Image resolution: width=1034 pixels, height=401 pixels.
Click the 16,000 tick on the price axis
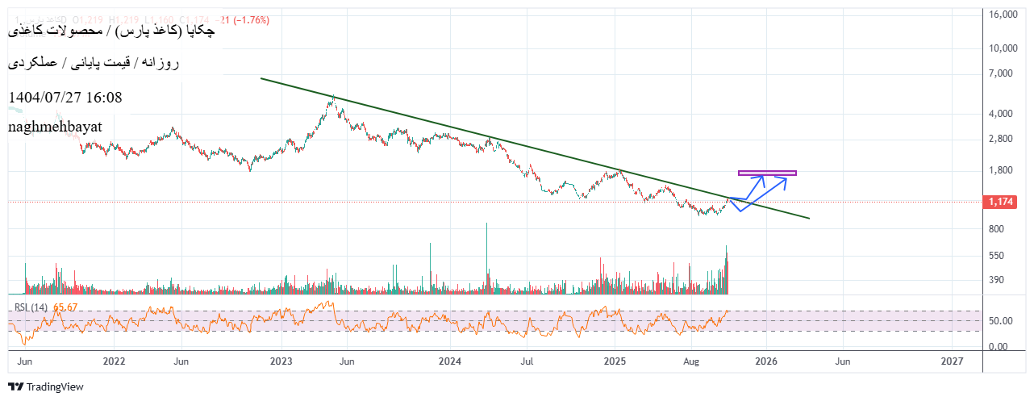1003,15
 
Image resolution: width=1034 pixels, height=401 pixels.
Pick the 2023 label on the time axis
281,361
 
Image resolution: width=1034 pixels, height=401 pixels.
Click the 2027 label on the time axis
952,361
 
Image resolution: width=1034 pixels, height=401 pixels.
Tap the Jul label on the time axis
527,361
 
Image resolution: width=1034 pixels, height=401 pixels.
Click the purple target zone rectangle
767,173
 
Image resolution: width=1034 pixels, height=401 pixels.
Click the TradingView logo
46,386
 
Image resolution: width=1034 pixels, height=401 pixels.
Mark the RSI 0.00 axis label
999,347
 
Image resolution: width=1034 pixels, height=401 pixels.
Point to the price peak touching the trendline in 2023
333,98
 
